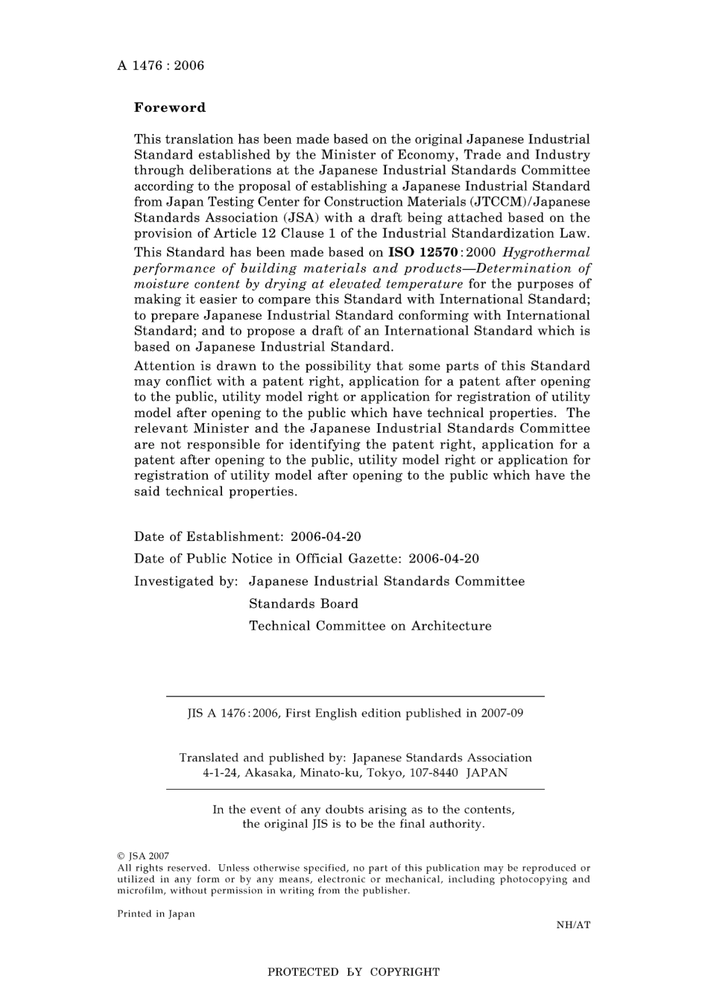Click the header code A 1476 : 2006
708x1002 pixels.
[x=160, y=66]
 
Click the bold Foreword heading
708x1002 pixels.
[x=170, y=107]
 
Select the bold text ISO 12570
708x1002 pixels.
[x=422, y=253]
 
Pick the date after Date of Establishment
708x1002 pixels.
[x=326, y=536]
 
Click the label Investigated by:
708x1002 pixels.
[x=186, y=581]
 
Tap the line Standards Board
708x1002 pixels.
[x=303, y=603]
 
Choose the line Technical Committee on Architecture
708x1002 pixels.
[x=370, y=626]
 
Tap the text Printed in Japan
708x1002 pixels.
[x=156, y=914]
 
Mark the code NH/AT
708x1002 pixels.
[x=572, y=925]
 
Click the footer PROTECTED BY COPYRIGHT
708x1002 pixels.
[x=353, y=972]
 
